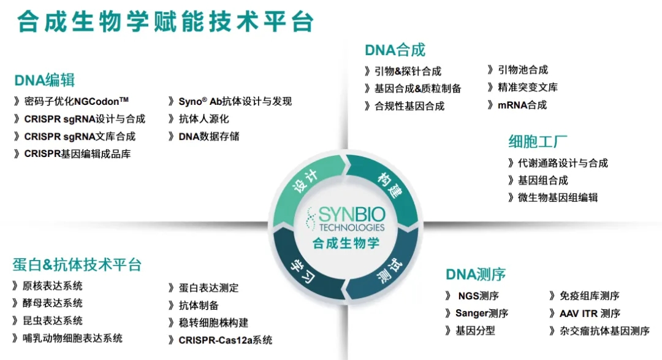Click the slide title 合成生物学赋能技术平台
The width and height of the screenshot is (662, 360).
[x=165, y=22]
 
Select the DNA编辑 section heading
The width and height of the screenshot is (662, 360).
[x=44, y=80]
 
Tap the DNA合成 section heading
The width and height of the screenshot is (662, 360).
[x=395, y=50]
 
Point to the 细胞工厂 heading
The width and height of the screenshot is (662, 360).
[x=534, y=142]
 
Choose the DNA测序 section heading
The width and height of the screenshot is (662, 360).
[x=476, y=274]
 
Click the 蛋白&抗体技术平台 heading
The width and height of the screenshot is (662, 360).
[x=77, y=264]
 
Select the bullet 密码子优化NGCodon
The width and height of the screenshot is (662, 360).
[x=76, y=101]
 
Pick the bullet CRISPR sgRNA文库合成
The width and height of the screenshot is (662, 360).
[x=80, y=137]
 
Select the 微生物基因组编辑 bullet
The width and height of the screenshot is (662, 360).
[x=557, y=197]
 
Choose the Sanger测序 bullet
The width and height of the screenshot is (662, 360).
[x=481, y=313]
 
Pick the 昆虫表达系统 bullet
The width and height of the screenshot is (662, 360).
[x=52, y=321]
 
